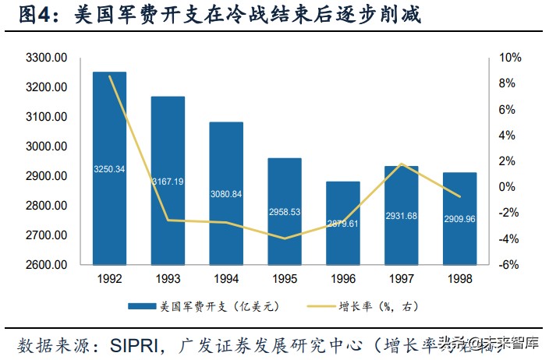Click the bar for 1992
109,168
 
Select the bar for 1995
284,210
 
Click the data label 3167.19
168,182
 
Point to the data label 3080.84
226,194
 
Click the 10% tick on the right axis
509,58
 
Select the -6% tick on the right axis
509,265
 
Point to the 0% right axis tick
509,187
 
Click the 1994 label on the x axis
226,279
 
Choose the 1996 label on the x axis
342,279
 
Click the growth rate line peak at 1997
401,164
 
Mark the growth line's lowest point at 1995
284,238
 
